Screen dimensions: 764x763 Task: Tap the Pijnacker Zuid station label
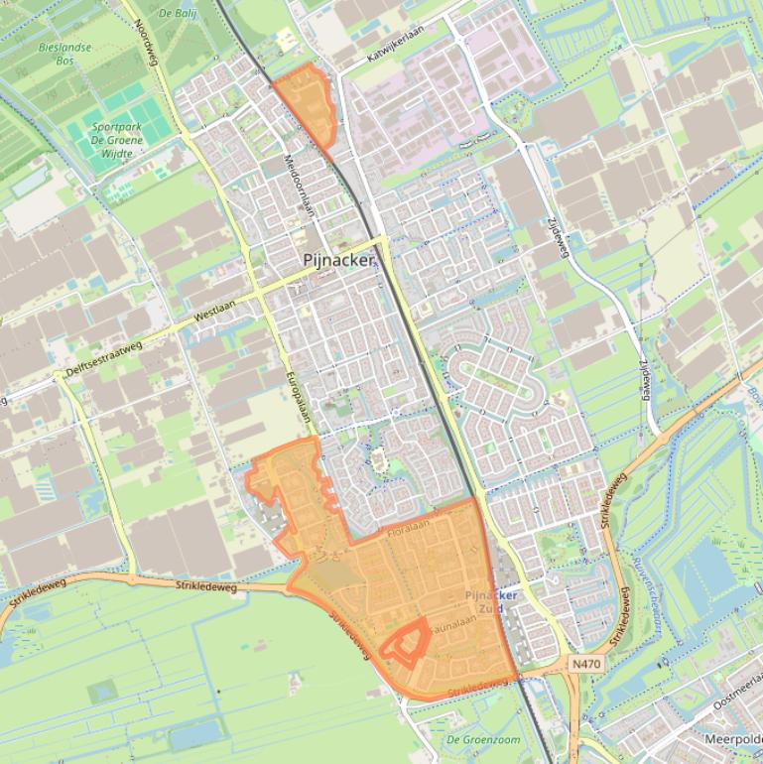coord(491,601)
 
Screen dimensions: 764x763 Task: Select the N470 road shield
coord(585,662)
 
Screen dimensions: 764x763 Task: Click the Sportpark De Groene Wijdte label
coord(117,140)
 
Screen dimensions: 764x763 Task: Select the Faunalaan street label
coord(455,621)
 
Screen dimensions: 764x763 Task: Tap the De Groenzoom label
coord(483,739)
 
